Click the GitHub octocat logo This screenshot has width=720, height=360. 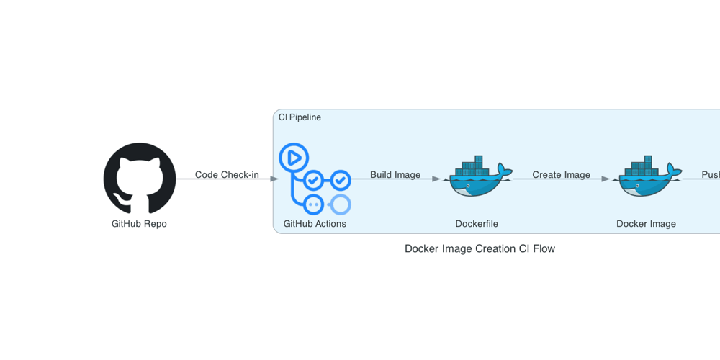[x=140, y=179]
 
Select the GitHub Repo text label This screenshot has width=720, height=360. [x=139, y=224]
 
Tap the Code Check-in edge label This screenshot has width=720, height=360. [x=227, y=175]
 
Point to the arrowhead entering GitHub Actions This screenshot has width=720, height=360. [x=274, y=179]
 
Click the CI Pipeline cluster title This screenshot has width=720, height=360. [x=300, y=117]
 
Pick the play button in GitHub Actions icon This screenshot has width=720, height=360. [x=294, y=157]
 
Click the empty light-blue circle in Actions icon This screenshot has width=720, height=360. [x=340, y=204]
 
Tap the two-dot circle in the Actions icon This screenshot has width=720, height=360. [x=313, y=204]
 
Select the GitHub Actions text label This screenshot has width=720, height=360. [x=315, y=224]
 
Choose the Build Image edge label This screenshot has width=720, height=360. [x=395, y=175]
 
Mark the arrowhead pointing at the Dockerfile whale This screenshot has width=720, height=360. [x=436, y=179]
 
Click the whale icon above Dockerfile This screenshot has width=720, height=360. [x=477, y=177]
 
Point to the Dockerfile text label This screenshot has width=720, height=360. [x=477, y=224]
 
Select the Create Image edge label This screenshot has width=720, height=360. [x=561, y=175]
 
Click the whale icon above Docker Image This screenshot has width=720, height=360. [x=646, y=177]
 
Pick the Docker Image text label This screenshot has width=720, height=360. [x=646, y=224]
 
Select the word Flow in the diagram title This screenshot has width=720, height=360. [x=543, y=249]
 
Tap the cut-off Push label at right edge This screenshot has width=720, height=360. [x=711, y=175]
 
